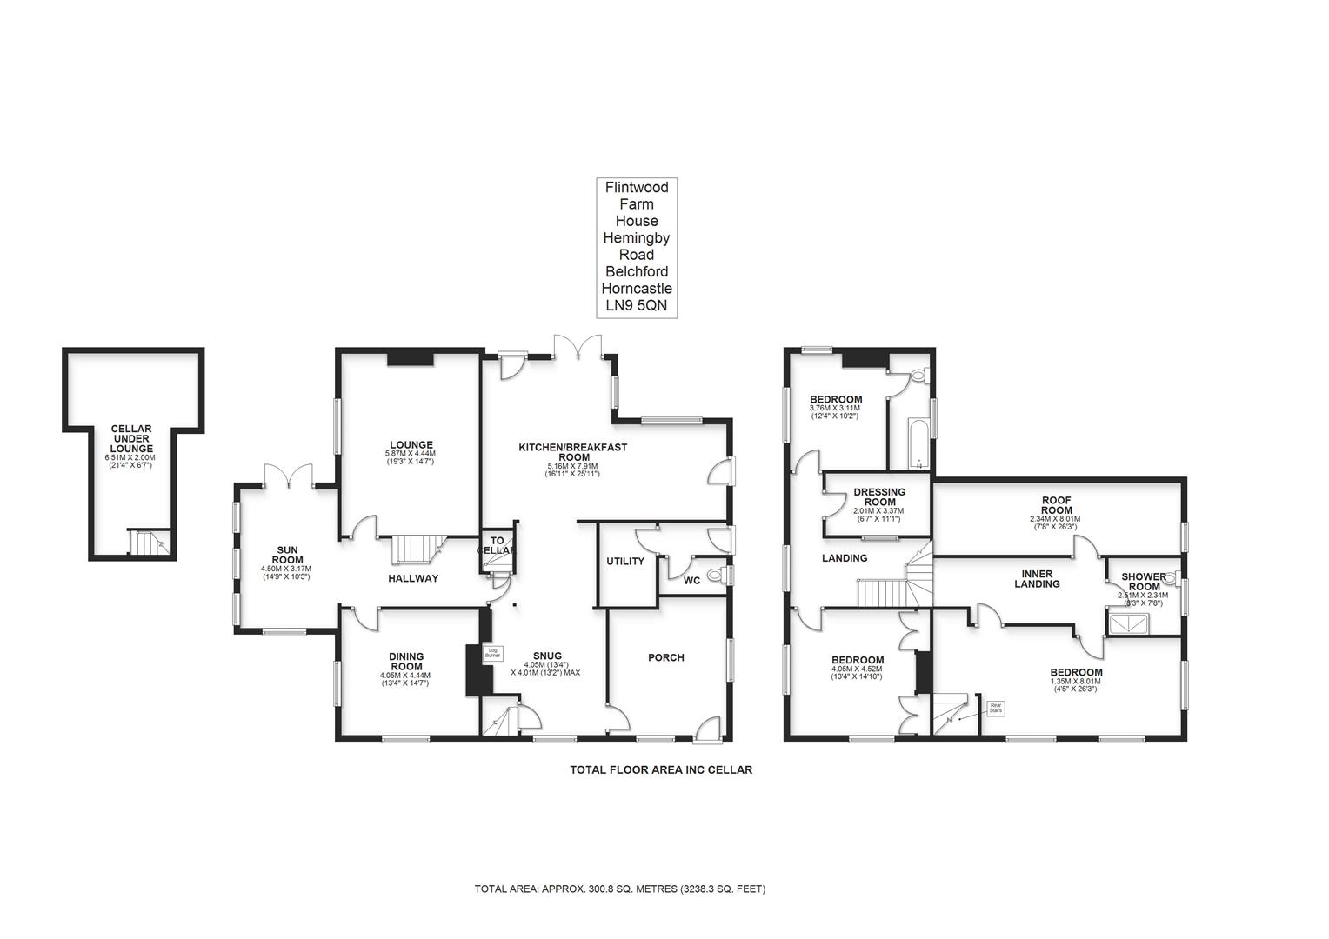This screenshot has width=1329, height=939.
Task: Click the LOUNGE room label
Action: click(411, 445)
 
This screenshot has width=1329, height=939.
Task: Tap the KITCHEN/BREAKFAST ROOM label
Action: click(572, 452)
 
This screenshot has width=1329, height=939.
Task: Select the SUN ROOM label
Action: click(287, 555)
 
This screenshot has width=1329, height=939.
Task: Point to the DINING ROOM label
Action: click(405, 662)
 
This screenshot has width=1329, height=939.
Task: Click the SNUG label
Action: click(547, 656)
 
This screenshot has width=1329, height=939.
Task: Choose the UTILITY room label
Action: click(625, 562)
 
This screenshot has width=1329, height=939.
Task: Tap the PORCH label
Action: click(665, 658)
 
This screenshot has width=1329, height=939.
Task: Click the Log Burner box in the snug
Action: click(492, 652)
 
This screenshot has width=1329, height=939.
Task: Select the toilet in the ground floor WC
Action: click(717, 576)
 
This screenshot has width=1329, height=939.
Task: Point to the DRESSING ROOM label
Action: click(878, 497)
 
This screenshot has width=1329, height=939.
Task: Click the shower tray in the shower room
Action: click(1128, 623)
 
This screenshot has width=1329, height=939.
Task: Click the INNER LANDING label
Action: click(1037, 579)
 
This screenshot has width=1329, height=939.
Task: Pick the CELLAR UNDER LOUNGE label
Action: click(131, 439)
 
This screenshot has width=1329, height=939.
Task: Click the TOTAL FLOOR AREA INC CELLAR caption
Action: click(660, 769)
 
